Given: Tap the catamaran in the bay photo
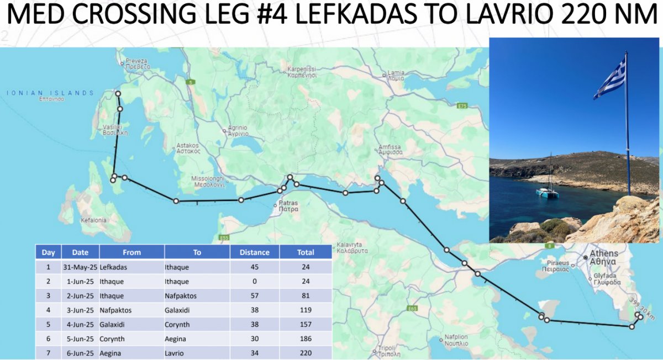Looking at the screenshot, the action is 547,191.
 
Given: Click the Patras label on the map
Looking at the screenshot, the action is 288,207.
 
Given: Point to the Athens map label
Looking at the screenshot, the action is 604,257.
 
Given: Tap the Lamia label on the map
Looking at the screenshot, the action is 396,75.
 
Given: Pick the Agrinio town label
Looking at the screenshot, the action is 238,130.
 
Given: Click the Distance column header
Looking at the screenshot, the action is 254,252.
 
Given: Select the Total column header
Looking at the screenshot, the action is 305,252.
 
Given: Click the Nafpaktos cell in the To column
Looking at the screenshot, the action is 181,296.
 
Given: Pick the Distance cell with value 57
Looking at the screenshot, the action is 254,296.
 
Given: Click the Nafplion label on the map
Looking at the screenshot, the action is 456,340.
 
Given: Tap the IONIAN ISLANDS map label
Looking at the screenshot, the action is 50,93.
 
